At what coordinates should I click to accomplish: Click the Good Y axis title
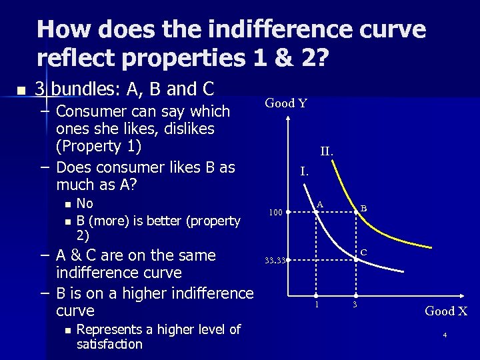click(x=286, y=103)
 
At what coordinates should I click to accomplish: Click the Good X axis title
click(x=446, y=311)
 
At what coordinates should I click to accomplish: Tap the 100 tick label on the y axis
click(x=275, y=213)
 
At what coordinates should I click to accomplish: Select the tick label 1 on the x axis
click(x=317, y=305)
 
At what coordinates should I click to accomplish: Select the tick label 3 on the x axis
click(x=355, y=305)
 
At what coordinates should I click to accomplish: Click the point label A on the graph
click(x=320, y=203)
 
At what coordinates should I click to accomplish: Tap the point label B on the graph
click(x=364, y=208)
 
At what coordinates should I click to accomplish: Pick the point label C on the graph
click(x=364, y=252)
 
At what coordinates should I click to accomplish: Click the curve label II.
click(x=327, y=151)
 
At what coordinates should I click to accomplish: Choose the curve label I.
click(x=304, y=171)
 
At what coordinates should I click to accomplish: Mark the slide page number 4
click(x=445, y=335)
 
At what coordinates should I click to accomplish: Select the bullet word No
click(x=85, y=204)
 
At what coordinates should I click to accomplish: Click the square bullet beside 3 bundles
click(x=22, y=89)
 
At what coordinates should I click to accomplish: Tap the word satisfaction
click(x=109, y=344)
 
